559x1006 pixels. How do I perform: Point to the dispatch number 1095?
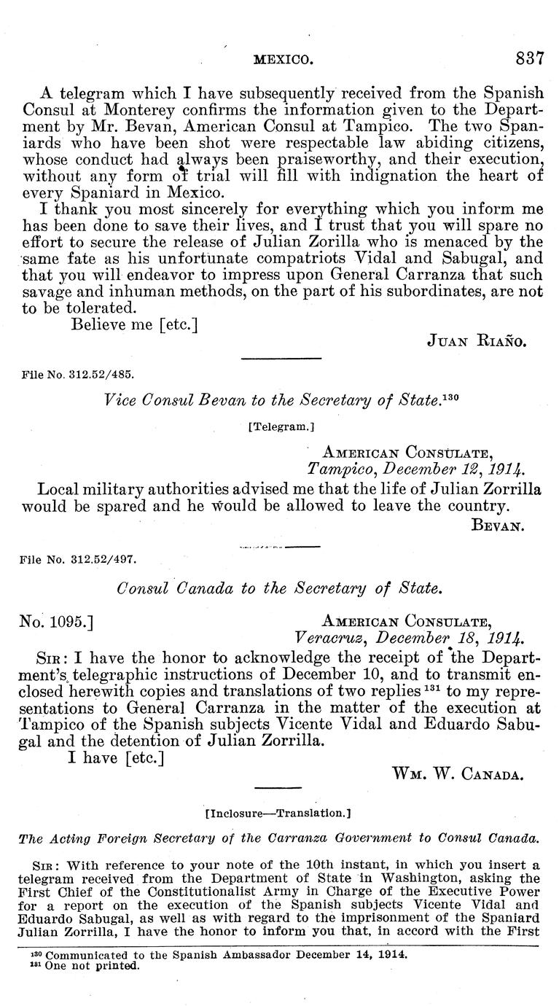[55, 621]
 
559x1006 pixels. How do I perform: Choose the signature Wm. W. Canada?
[457, 773]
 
